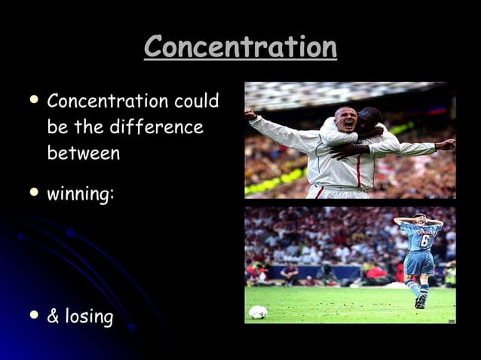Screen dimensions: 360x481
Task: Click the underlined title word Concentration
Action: pos(240,47)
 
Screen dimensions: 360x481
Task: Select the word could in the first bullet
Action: pos(197,101)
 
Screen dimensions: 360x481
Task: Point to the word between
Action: pos(83,153)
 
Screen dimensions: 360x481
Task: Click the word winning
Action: pos(78,194)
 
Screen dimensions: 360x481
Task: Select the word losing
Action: pos(87,316)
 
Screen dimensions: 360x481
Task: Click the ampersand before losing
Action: pos(53,316)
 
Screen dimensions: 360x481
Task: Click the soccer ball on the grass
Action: pos(258,311)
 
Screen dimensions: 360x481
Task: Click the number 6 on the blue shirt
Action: pos(424,241)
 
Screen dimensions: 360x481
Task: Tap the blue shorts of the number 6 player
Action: pos(419,264)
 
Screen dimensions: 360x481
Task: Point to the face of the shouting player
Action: pos(346,120)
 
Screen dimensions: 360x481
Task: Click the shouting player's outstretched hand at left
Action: pos(250,115)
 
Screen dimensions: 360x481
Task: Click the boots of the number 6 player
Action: pos(420,301)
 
